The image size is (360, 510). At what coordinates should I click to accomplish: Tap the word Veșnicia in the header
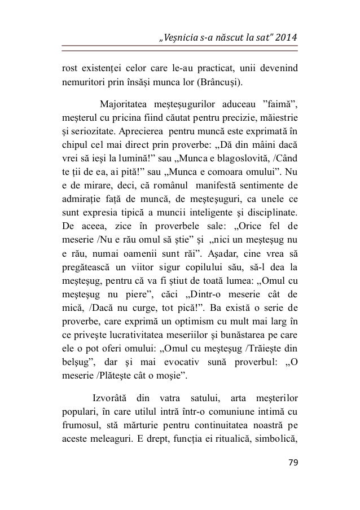coord(181,38)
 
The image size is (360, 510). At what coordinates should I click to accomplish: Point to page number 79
coord(292,463)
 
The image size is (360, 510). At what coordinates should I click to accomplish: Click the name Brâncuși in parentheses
coord(218,84)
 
